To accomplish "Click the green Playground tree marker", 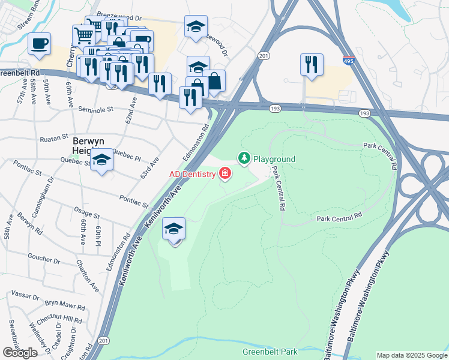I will (x=244, y=158).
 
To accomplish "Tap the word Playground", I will (x=274, y=159).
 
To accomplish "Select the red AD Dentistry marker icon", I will (x=225, y=174).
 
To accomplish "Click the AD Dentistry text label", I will (x=191, y=174).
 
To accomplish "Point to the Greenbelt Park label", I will (x=270, y=352).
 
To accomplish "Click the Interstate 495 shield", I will (x=349, y=60).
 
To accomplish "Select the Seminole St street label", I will (x=95, y=110).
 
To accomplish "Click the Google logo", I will (x=20, y=352).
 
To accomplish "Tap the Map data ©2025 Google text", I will (x=411, y=355).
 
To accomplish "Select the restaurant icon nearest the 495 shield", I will (x=312, y=64).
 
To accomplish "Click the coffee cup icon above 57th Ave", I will (x=39, y=44).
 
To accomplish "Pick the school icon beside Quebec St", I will (x=102, y=160).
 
